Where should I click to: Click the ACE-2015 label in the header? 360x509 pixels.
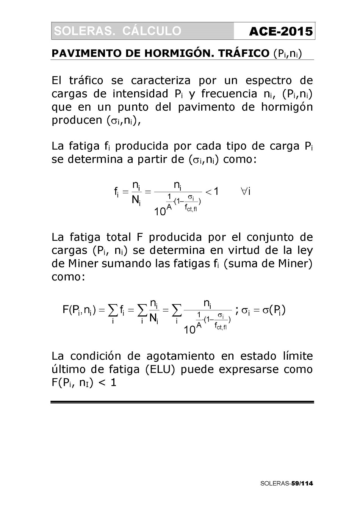(281, 31)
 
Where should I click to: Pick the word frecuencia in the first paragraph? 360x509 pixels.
(229, 94)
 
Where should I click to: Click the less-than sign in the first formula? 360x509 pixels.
(208, 192)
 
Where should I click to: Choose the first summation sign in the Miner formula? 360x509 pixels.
(113, 310)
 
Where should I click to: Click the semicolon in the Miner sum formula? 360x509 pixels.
(237, 311)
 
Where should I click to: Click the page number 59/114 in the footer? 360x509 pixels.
(302, 483)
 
